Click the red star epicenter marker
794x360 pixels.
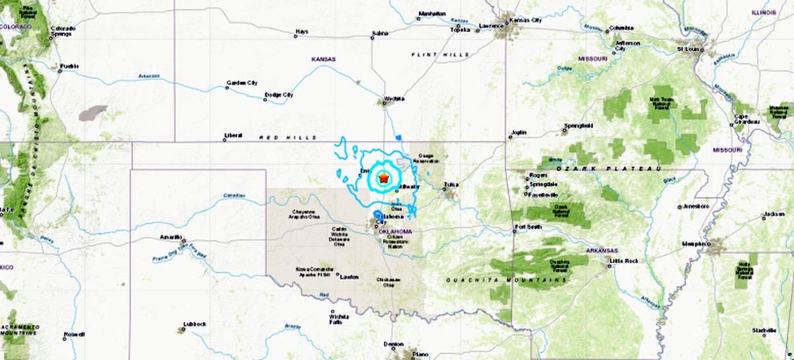click(383, 177)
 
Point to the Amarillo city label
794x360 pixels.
click(171, 236)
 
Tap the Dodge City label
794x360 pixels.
click(279, 95)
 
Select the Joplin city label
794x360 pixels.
click(518, 132)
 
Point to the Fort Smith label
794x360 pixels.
click(528, 228)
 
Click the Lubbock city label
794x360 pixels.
click(195, 324)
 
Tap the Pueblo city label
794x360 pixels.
click(69, 66)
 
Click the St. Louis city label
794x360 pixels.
click(689, 49)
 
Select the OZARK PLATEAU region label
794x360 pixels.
click(609, 169)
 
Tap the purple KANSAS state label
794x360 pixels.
click(324, 59)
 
